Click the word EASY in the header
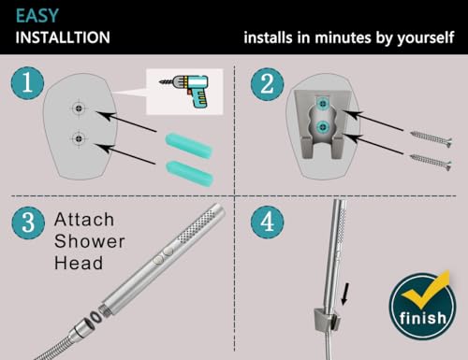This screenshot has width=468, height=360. click(37, 16)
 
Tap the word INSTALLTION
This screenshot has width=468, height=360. click(63, 37)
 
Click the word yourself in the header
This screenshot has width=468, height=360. click(426, 38)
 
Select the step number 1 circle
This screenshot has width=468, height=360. click(27, 83)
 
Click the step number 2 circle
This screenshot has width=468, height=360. click(267, 84)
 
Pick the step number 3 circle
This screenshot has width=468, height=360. click(28, 223)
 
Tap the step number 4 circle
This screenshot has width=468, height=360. click(267, 222)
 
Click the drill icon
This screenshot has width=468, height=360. click(183, 92)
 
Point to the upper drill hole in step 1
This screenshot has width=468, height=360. click(79, 108)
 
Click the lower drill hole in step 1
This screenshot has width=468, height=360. click(79, 138)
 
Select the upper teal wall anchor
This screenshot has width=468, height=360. click(189, 145)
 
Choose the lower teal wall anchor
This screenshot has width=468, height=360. click(190, 173)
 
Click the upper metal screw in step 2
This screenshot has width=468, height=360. click(431, 139)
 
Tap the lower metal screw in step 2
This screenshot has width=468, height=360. click(431, 162)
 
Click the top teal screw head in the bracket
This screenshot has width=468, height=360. click(322, 103)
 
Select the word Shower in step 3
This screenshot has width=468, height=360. click(90, 241)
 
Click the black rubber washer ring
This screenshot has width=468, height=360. click(95, 318)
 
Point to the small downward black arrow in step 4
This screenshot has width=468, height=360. click(345, 294)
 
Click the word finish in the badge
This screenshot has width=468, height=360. click(423, 318)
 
